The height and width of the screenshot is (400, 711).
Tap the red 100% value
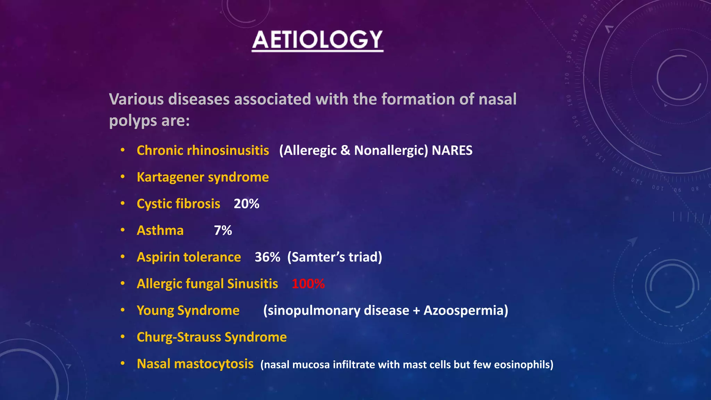point(308,284)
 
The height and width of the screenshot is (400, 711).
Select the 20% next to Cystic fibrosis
point(246,204)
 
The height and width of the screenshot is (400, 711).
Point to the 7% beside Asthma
point(223,231)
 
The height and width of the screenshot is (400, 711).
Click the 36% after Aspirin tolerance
point(267,257)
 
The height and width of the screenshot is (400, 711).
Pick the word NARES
point(452,151)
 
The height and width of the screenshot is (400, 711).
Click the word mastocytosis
point(214,364)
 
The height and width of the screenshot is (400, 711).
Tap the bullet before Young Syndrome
point(123,310)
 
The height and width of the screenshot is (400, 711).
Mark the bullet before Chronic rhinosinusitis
point(123,150)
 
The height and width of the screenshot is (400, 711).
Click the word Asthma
point(160,231)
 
